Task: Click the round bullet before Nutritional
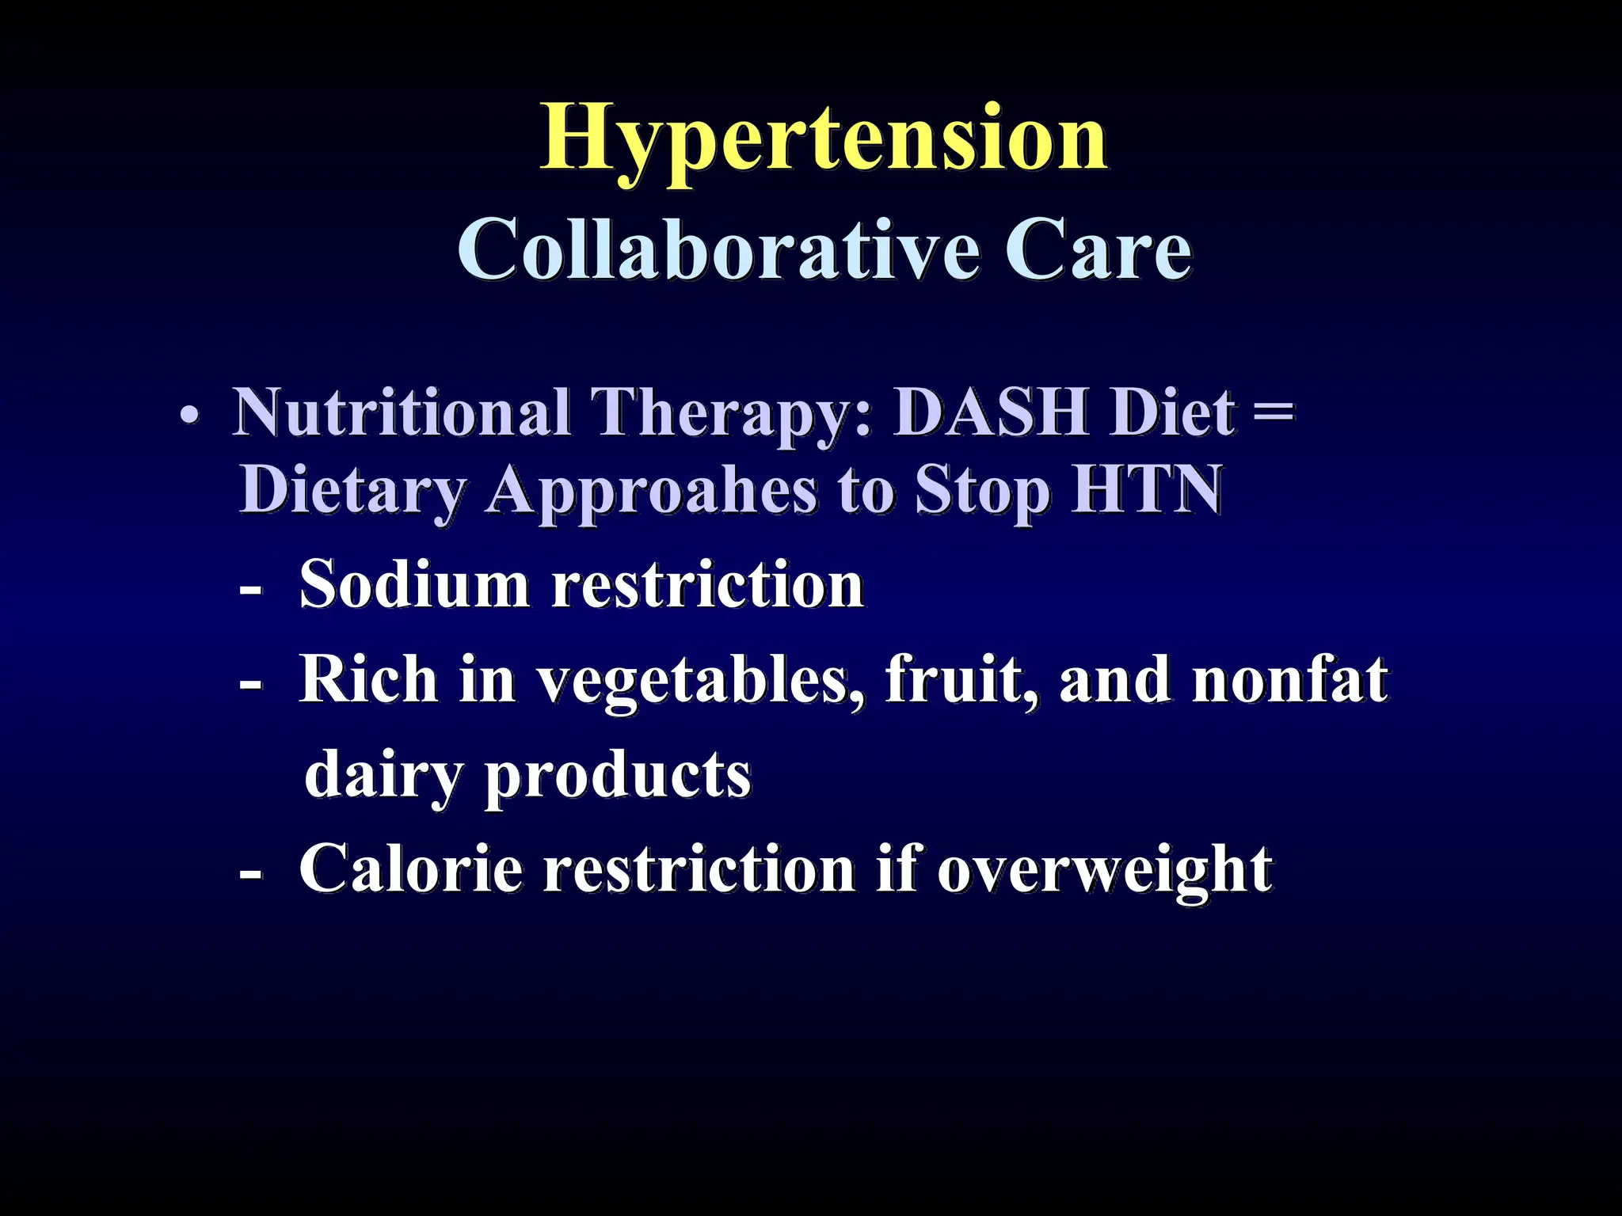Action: click(188, 416)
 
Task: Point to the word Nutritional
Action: click(402, 413)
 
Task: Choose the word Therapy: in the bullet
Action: click(733, 415)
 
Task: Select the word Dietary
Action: click(353, 491)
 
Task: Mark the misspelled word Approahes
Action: click(653, 492)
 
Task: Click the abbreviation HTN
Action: click(1147, 489)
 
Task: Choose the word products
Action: click(618, 776)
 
